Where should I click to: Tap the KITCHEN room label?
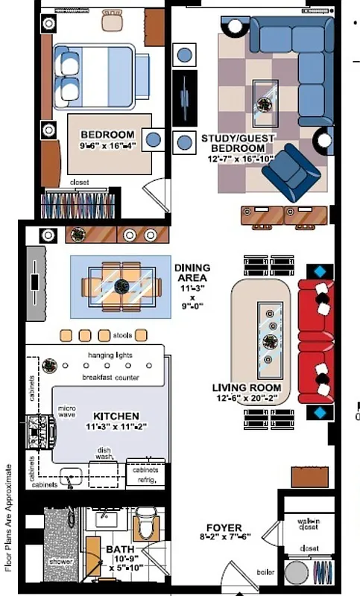point(116,416)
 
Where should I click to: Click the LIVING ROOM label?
point(247,388)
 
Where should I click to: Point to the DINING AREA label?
point(192,267)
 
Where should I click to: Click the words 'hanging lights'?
point(110,355)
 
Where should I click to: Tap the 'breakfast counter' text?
point(112,378)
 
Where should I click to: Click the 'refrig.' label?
point(145,481)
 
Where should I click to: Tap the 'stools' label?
point(124,335)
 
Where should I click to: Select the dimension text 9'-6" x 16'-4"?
point(107,146)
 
